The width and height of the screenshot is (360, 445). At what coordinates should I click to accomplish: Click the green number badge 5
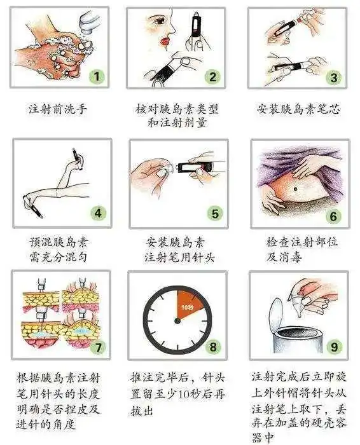point(215,213)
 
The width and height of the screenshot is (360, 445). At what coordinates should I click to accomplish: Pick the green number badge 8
point(213,347)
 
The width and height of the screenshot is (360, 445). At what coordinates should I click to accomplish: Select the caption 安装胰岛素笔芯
point(298,109)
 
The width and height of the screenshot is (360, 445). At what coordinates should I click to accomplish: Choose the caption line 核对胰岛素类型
point(177,109)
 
